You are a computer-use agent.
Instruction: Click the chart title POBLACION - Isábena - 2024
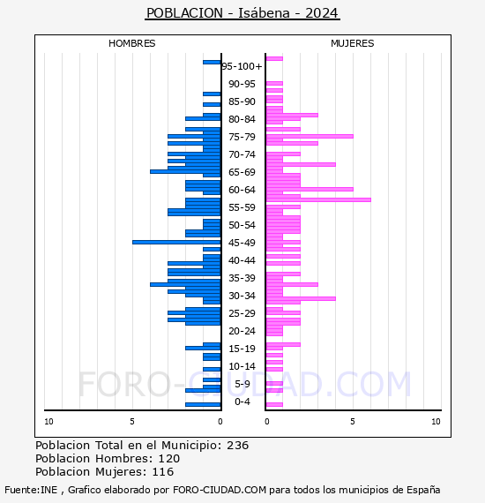coord(242,13)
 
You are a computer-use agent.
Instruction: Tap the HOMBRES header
coord(131,43)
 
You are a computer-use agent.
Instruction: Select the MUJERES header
coord(353,43)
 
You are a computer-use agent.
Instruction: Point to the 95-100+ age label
coord(242,66)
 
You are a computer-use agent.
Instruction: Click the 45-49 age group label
coord(242,243)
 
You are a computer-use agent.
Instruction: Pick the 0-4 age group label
coord(242,402)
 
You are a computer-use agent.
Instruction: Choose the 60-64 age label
coord(242,190)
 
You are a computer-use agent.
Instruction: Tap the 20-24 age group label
coord(242,331)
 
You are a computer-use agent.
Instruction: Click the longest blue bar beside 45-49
coord(176,242)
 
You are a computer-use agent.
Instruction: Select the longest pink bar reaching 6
coord(318,199)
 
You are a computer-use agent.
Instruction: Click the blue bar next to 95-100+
coord(212,63)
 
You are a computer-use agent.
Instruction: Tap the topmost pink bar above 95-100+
coord(274,59)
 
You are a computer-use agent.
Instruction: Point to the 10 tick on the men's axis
coord(48,422)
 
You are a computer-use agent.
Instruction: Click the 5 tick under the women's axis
coord(353,422)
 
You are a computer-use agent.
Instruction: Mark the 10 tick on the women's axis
coord(436,422)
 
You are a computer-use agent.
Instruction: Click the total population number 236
coord(237,446)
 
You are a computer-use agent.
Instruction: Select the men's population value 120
coord(169,458)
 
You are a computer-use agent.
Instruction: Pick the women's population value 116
coord(163,471)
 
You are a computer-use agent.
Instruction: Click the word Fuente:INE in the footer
coord(31,490)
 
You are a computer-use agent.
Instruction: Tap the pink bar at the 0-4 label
coord(274,404)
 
